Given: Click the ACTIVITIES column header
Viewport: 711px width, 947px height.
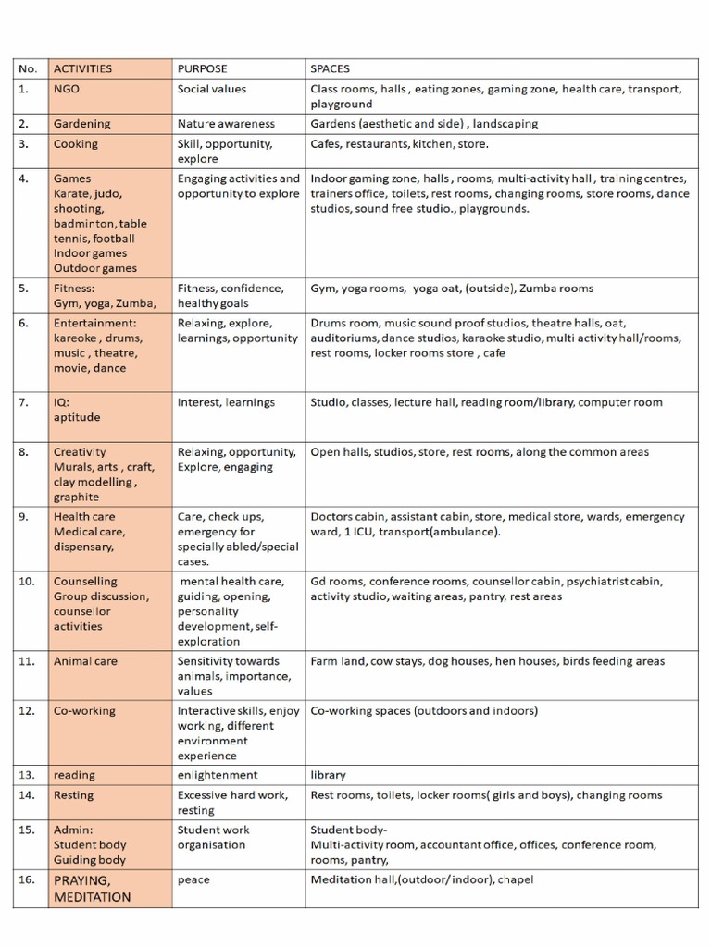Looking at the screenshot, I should (x=82, y=68).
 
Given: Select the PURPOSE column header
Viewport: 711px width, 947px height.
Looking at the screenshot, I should (x=202, y=68).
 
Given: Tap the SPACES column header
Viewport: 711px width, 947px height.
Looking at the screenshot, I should (x=331, y=68).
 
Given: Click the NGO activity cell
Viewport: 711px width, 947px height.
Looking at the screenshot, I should (x=67, y=90).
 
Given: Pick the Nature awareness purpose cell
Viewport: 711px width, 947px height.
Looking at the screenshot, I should (x=226, y=124).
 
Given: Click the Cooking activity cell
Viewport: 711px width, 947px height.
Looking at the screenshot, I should (x=75, y=144).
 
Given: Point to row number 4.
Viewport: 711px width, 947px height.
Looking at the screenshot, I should (x=23, y=178).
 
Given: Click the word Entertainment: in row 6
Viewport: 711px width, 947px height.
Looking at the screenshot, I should (x=94, y=324).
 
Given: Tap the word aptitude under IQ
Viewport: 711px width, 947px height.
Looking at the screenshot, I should (x=77, y=417).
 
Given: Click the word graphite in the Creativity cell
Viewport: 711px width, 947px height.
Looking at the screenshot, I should (x=76, y=497).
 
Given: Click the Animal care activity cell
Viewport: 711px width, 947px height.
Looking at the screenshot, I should (x=85, y=661).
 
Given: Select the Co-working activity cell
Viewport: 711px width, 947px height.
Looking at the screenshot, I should (x=84, y=711).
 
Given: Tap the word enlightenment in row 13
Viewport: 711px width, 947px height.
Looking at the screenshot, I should (x=218, y=775).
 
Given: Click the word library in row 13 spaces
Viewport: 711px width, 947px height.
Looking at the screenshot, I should (x=328, y=775).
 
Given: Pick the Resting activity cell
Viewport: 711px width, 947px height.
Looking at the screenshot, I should (x=73, y=795).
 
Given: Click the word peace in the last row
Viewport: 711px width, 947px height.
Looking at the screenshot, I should (x=193, y=880).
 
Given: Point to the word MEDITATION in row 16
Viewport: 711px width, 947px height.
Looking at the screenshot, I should (x=92, y=897).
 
